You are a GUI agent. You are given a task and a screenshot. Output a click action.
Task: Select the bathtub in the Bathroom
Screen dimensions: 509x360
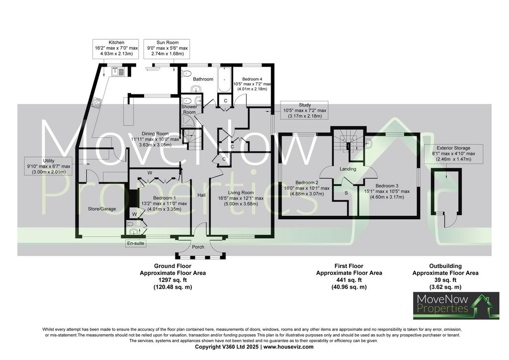[224, 80]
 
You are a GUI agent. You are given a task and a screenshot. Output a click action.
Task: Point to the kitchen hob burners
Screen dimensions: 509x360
[97, 103]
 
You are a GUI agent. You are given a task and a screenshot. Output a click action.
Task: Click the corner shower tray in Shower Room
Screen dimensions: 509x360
[187, 121]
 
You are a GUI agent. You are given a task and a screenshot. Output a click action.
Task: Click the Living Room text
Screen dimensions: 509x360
[241, 193]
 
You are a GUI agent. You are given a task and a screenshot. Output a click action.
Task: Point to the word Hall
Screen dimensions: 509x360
[202, 195]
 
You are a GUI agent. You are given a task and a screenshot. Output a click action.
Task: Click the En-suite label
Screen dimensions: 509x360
[135, 243]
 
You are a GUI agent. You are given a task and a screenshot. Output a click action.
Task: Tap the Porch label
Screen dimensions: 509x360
[198, 247]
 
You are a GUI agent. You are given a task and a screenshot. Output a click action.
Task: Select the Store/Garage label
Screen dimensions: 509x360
[102, 209]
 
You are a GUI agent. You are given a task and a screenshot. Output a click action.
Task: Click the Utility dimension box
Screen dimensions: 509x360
[49, 166]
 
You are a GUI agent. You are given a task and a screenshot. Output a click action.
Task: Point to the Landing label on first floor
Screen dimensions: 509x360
[347, 169]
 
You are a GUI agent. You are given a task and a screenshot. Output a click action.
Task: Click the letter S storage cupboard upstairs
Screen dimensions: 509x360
[346, 193]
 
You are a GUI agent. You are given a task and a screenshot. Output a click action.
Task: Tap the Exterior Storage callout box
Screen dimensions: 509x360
[453, 154]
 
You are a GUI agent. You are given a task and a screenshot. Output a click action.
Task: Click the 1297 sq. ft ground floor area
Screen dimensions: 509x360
[172, 280]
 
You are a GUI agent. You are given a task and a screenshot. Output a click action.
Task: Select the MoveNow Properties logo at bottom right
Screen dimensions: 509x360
[456, 305]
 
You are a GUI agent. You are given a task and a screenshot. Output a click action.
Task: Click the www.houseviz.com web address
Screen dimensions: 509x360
[288, 347]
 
